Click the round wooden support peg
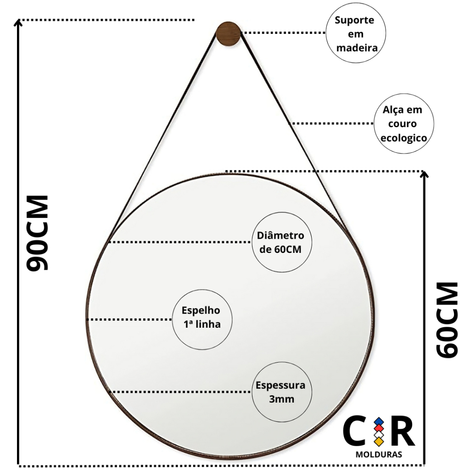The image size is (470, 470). (228, 34)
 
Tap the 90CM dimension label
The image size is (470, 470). (38, 233)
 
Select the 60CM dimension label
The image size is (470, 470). (447, 320)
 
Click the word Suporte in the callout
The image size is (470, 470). (355, 20)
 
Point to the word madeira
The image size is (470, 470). (357, 48)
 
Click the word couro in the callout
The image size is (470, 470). (402, 123)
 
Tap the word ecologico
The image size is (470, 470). (404, 138)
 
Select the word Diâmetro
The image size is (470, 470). (280, 235)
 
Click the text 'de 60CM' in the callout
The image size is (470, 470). (280, 249)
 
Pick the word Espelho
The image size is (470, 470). (201, 310)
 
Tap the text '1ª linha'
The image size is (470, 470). (202, 324)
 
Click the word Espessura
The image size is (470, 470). (280, 385)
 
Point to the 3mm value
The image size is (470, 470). (281, 399)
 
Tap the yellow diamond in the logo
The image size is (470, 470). (379, 441)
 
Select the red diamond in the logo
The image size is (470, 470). (379, 428)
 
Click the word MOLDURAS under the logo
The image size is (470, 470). (379, 455)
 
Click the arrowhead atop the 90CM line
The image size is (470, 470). (18, 22)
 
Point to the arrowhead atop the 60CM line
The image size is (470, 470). (424, 174)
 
